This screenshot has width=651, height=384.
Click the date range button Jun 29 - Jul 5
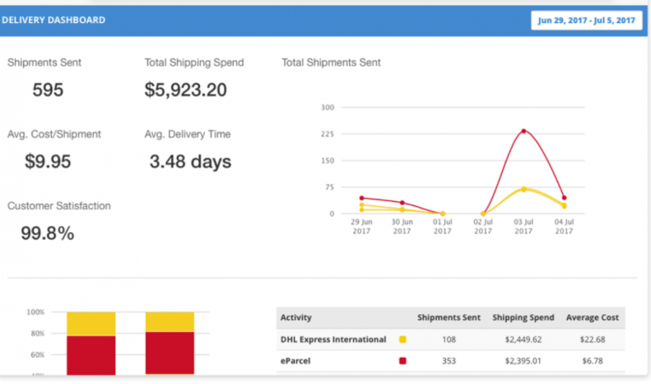point(586,20)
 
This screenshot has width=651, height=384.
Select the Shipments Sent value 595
point(48,90)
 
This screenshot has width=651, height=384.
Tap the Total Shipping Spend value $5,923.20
point(185,90)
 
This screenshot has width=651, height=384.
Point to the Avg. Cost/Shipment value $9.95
point(48,162)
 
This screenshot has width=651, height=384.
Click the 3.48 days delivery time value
point(190,162)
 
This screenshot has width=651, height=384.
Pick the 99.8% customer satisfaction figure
point(48,233)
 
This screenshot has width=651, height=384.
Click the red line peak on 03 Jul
point(523,131)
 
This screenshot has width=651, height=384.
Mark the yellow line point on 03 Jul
point(523,189)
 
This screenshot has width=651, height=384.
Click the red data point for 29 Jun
point(361,198)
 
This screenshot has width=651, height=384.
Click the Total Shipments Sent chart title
point(331,63)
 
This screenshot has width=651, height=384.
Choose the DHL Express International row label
point(333,339)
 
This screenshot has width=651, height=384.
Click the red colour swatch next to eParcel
point(402,360)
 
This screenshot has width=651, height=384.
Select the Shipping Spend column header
point(523,317)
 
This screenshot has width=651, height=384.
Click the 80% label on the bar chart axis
point(35,334)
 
